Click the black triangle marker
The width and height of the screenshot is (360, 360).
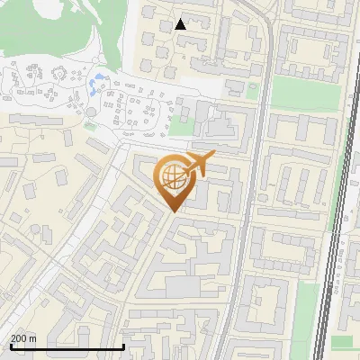pos(181,24)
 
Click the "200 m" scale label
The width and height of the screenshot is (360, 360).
pos(23,338)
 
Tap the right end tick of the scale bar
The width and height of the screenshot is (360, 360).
pos(122,346)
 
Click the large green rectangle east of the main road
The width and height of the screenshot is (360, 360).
pos(297,93)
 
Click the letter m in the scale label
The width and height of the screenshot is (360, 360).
pos(32,338)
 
